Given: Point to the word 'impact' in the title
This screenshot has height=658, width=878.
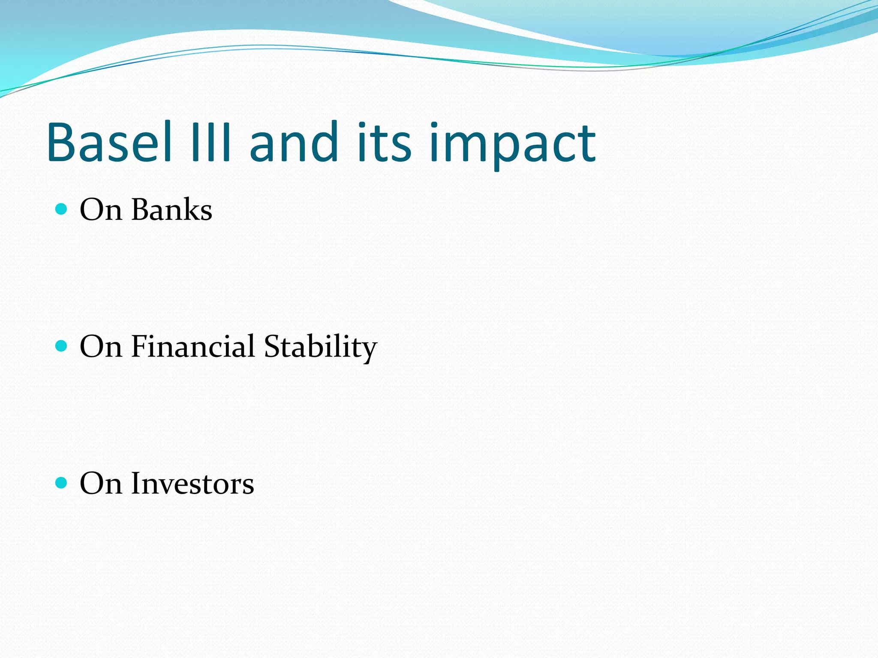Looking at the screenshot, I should tap(512, 146).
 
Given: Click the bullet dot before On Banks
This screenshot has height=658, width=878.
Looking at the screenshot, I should tap(62, 209).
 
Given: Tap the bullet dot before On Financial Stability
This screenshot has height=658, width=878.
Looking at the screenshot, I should tap(62, 346).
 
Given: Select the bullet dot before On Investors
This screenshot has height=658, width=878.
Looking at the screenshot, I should tap(62, 483).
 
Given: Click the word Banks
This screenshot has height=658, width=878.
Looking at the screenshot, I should tap(171, 210).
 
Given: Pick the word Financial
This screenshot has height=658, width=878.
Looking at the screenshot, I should tap(193, 346).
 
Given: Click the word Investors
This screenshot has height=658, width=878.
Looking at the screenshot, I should tap(192, 484).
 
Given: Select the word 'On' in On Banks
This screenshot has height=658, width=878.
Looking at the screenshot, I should tap(101, 210).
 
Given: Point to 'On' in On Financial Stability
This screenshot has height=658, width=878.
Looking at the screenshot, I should tap(101, 347).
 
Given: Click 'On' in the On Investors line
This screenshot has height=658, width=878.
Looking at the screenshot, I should tap(101, 484).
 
